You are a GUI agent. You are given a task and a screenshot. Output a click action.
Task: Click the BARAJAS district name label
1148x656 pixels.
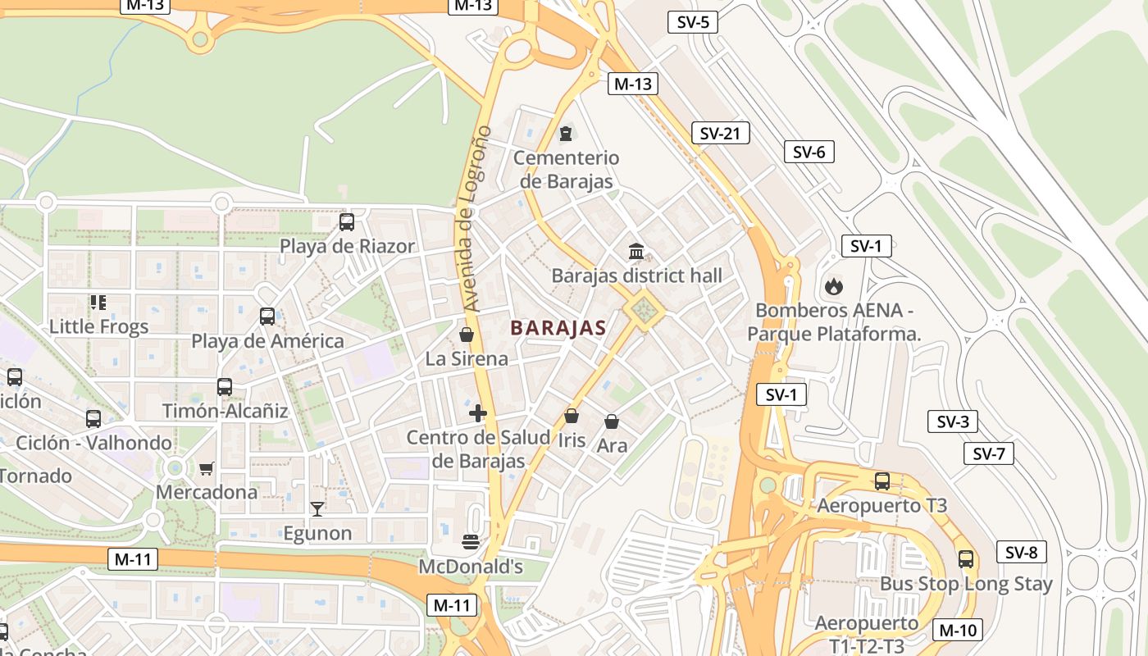pos(558,328)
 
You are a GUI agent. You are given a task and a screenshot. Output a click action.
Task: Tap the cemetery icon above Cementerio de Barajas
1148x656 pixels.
pos(566,133)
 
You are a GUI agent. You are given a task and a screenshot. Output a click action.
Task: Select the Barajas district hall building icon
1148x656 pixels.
pos(636,251)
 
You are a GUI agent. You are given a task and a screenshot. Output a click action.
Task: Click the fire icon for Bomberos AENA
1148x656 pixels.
pos(833,286)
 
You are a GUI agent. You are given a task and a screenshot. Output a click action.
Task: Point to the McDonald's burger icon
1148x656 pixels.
pos(471,541)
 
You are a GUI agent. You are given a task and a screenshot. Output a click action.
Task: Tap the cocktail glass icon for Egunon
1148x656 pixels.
pos(317,509)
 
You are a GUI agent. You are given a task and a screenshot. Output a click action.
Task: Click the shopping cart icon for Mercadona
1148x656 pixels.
pos(206,468)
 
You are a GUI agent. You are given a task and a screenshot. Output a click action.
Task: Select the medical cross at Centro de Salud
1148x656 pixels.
pos(478,413)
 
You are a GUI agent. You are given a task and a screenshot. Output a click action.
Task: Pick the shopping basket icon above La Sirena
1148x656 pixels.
pos(467,335)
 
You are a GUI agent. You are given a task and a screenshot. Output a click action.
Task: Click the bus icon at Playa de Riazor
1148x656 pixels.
pos(347,221)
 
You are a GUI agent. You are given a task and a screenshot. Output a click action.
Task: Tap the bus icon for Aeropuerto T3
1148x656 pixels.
pos(882,481)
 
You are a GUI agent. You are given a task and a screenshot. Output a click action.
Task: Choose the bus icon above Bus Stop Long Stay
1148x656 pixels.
pos(966,559)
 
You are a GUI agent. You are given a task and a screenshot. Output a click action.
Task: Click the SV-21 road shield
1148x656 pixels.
pos(720,133)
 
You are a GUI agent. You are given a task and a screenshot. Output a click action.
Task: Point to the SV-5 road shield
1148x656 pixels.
pos(693,22)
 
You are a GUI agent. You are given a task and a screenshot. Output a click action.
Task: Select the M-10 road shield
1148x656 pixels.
pos(957,630)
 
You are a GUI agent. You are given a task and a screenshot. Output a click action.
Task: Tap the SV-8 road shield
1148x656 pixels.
pos(1021,552)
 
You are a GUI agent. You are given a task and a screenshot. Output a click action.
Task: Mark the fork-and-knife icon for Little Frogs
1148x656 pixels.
pos(98,303)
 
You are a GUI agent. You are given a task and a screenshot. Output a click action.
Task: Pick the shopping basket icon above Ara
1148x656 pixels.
pos(612,421)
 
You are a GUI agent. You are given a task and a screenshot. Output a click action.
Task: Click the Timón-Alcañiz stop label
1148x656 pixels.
pos(225,411)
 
